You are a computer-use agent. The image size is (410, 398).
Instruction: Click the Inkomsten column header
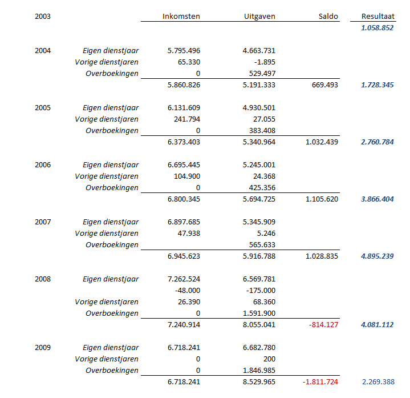(x=181, y=16)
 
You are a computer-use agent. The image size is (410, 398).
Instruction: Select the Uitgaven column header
(x=259, y=16)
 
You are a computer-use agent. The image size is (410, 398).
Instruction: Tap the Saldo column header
(x=328, y=16)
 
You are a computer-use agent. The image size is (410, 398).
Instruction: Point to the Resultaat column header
(x=378, y=16)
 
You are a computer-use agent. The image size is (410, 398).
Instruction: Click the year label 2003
(x=43, y=16)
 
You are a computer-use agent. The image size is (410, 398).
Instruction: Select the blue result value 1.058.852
(x=377, y=28)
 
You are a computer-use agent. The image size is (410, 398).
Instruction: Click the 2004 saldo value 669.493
(x=325, y=85)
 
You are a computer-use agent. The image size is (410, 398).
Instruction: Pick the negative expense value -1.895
(x=265, y=62)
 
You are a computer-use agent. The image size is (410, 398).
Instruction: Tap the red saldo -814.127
(x=323, y=325)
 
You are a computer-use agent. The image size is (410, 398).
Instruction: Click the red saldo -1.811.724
(x=320, y=382)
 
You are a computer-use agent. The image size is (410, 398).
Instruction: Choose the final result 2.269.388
(x=378, y=382)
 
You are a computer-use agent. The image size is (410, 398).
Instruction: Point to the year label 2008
(x=43, y=279)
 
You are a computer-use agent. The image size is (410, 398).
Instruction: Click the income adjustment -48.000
(x=188, y=291)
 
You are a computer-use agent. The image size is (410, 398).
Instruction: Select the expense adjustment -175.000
(x=261, y=291)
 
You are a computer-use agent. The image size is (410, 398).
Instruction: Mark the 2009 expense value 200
(x=269, y=359)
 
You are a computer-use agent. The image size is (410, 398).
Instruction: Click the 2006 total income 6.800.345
(x=184, y=199)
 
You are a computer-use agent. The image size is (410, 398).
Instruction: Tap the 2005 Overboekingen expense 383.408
(x=262, y=130)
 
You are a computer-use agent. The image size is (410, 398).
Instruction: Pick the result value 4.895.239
(x=377, y=256)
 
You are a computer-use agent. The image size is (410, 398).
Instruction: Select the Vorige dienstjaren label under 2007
(x=107, y=234)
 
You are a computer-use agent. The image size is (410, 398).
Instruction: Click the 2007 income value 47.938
(x=189, y=234)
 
